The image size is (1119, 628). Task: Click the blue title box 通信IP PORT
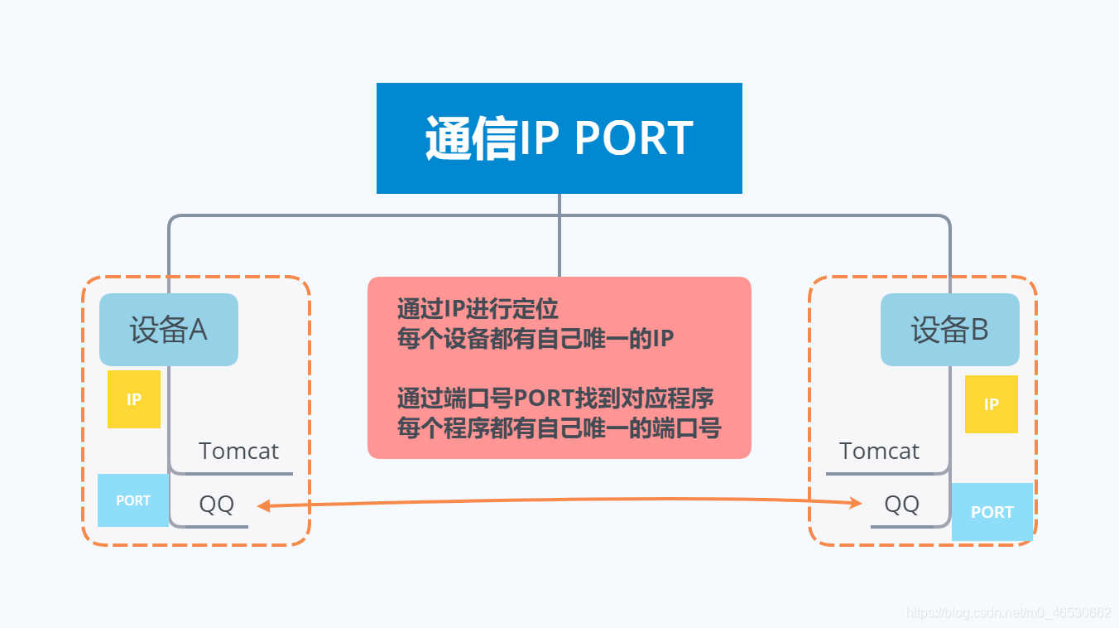(x=559, y=138)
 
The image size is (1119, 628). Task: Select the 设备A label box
(x=169, y=330)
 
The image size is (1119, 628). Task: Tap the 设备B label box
(x=949, y=330)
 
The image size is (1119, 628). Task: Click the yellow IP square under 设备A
(x=134, y=399)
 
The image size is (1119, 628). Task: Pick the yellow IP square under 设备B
(x=991, y=404)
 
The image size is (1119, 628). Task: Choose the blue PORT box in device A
(x=133, y=500)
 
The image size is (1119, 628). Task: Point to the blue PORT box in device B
(x=992, y=512)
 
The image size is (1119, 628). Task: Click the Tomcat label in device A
(x=238, y=452)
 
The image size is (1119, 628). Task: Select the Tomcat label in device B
(x=879, y=452)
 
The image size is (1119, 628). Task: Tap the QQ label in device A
(x=217, y=504)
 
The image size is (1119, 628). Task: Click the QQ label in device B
(x=901, y=504)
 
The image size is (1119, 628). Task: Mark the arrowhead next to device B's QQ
(x=857, y=503)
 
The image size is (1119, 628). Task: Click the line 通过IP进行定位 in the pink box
(x=478, y=309)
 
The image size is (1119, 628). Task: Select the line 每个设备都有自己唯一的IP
(x=535, y=339)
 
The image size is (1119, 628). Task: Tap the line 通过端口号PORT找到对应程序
(x=555, y=399)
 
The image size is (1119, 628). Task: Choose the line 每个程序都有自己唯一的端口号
(x=559, y=428)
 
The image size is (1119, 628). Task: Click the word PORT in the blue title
(x=633, y=138)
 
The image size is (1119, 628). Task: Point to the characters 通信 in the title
(x=471, y=138)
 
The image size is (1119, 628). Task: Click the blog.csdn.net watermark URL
(x=1009, y=613)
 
